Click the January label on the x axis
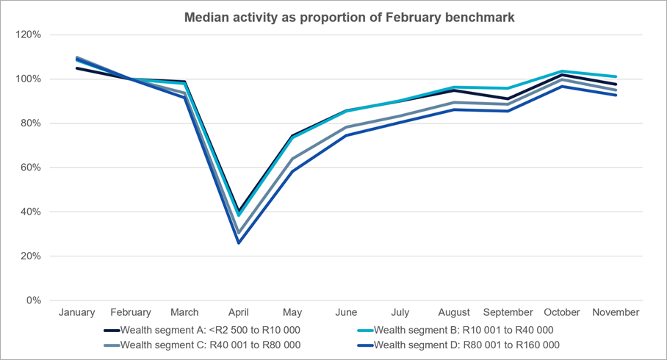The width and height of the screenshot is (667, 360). [x=77, y=312]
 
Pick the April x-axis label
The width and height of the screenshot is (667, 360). [x=239, y=312]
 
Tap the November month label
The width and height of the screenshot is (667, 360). [x=616, y=312]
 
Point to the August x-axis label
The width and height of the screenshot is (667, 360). [x=454, y=312]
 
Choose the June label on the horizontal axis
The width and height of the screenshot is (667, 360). [x=346, y=312]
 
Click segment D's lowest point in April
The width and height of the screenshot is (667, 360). [x=239, y=243]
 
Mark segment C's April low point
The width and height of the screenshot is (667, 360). [x=239, y=234]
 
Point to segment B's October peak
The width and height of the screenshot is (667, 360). [x=562, y=71]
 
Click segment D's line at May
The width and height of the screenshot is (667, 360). [x=292, y=171]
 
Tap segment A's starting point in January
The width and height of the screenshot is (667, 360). [x=77, y=68]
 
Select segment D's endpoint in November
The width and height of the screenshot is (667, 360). [x=616, y=95]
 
